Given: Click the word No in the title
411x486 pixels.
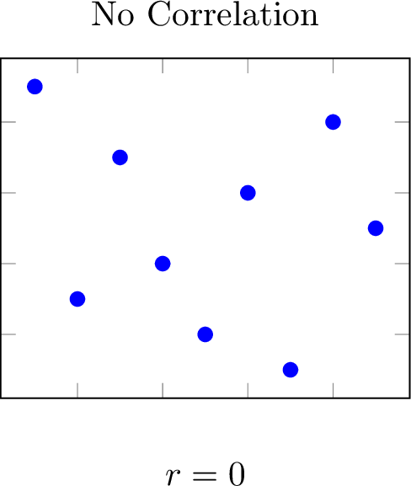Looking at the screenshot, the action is pos(113,14).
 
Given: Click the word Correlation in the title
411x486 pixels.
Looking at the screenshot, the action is pos(233,14).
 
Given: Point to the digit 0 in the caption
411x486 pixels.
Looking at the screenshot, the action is pos(237,474).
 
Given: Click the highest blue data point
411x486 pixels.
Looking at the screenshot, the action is pos(35,87).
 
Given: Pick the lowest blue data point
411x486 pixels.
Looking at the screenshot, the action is pos(291,370).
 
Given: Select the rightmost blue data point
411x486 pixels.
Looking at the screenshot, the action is pos(376,228).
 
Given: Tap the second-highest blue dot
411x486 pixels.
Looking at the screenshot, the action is pos(334,122).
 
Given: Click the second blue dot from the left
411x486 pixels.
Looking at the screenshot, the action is pos(77,299).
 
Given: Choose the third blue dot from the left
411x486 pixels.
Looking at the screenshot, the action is pos(120,158).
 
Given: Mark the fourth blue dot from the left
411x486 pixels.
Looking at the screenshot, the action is pos(163,264).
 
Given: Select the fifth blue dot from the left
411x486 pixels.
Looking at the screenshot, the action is pos(205,334).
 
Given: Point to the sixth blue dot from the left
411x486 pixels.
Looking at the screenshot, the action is pos(248,193).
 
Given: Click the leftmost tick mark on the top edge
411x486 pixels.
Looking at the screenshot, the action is pos(77,66).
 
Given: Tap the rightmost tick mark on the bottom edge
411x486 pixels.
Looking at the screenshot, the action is pos(334,390).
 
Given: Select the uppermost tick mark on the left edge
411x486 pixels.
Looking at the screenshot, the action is pos(8,122).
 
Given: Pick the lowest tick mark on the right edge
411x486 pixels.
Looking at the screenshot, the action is pos(403,334).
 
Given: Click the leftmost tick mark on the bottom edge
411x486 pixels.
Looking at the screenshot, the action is pos(77,390).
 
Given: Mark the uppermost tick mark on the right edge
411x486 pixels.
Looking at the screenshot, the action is pos(403,122).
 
